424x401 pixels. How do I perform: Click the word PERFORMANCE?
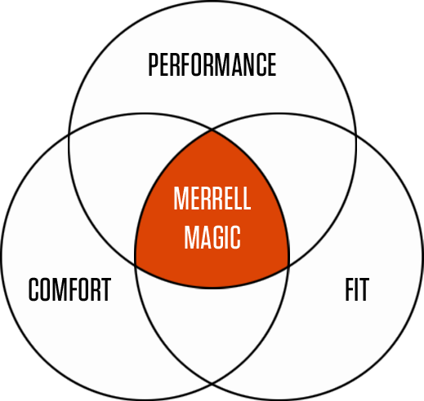(212, 64)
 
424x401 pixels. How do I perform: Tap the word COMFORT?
(69, 289)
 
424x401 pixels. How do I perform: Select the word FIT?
(357, 289)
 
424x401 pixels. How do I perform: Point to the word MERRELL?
(212, 198)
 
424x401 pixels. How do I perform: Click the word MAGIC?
(212, 237)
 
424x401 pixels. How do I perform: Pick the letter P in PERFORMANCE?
(154, 64)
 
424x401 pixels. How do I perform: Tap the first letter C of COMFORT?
(34, 289)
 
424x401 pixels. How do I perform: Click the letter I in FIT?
(357, 289)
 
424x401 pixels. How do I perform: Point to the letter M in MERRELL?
(181, 198)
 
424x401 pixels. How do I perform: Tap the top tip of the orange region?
(212, 130)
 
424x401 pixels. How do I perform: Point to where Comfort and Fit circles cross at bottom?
(212, 383)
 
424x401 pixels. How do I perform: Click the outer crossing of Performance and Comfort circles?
(69, 134)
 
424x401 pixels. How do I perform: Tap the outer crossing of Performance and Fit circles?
(355, 134)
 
